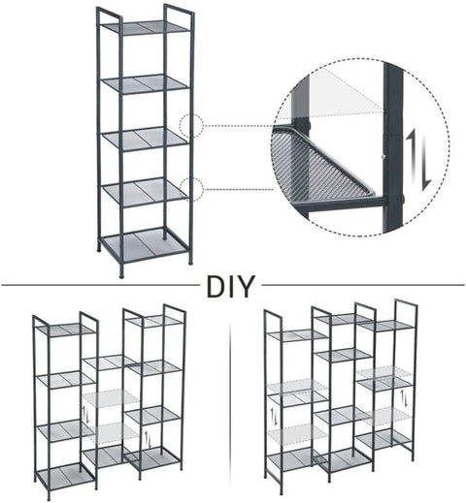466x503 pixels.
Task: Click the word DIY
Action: point(230,288)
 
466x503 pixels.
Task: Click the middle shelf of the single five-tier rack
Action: point(147,138)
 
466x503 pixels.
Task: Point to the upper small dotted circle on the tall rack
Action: point(191,126)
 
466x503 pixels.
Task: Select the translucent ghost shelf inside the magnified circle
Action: point(330,88)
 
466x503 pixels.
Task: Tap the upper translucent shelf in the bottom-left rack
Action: point(109,398)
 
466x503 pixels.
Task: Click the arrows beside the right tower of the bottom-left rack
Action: point(146,439)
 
